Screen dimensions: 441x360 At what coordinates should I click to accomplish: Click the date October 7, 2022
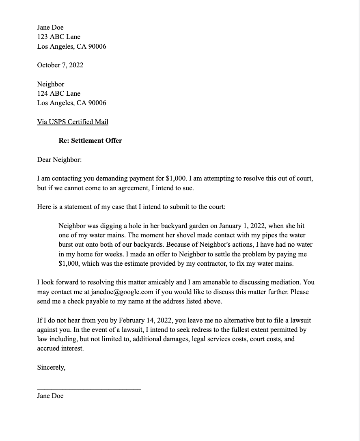(x=60, y=65)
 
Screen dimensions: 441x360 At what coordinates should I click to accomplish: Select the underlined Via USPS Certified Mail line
(x=73, y=122)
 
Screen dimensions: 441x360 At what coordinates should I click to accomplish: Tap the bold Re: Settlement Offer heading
(x=90, y=141)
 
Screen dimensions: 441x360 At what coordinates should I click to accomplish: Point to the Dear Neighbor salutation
(x=59, y=160)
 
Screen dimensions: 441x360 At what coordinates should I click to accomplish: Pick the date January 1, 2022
(x=242, y=226)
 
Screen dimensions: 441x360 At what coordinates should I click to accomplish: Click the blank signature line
(x=89, y=389)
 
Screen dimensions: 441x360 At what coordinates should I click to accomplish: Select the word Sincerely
(x=51, y=368)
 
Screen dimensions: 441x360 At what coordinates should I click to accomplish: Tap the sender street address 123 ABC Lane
(x=59, y=37)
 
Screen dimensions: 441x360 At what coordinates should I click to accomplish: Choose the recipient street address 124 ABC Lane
(x=59, y=94)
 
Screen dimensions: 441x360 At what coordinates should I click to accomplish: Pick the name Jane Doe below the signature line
(x=50, y=396)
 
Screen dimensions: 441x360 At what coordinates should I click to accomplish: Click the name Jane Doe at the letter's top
(x=50, y=28)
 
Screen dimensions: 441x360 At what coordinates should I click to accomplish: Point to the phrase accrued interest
(x=60, y=348)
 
